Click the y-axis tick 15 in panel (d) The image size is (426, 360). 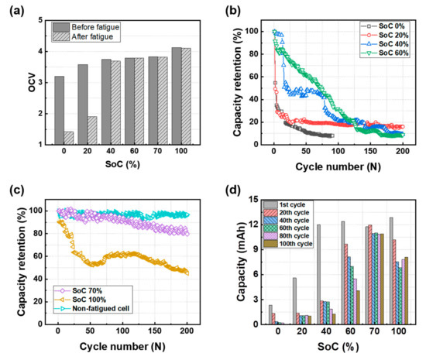253,197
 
